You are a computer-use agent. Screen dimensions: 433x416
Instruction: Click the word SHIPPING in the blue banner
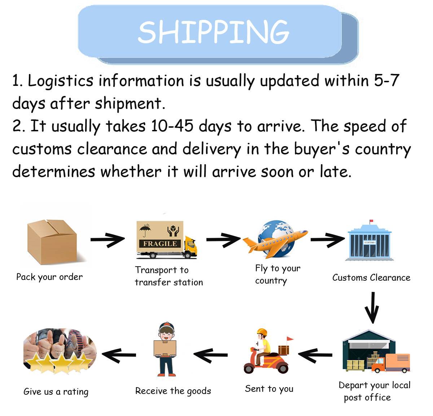214,32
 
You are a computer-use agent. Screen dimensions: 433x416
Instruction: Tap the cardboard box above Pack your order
52,242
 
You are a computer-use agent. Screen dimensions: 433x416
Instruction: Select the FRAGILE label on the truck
160,244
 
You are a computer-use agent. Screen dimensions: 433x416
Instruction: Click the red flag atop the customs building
371,221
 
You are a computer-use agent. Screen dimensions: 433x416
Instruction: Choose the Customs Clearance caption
371,277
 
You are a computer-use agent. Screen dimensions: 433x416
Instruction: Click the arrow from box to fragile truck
108,239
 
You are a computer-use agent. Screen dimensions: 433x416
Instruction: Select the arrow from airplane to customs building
328,239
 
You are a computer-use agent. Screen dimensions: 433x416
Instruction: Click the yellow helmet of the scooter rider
262,332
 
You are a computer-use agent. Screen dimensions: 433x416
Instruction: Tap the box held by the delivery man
165,348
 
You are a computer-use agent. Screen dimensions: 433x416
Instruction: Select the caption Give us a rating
56,392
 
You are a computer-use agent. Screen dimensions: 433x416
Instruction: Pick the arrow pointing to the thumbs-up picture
119,355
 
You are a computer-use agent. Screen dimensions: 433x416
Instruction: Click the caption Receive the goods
173,391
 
